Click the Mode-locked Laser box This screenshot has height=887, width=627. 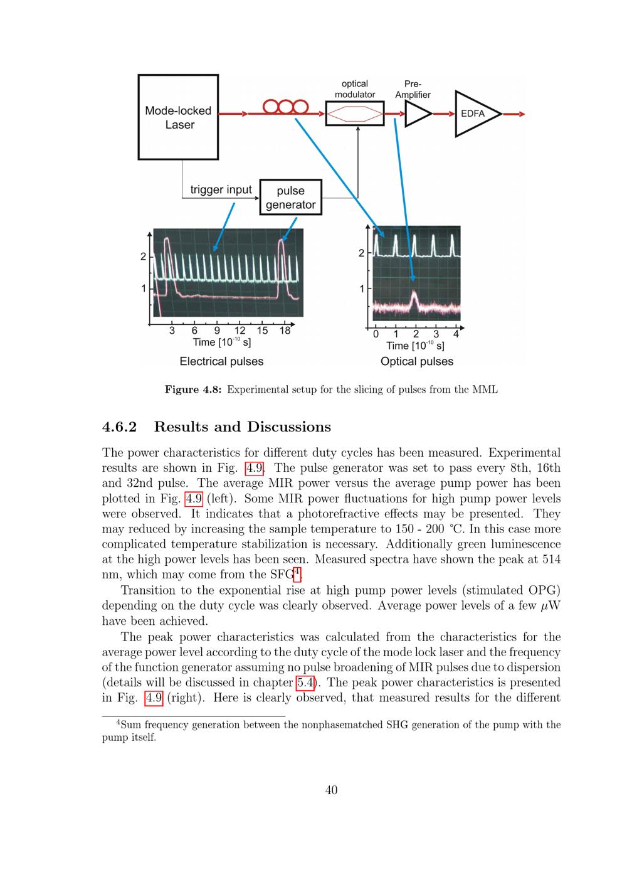(x=178, y=117)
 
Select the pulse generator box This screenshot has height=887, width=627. (x=290, y=197)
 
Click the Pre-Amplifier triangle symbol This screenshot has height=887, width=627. (x=418, y=114)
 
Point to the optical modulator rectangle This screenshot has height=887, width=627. (x=355, y=114)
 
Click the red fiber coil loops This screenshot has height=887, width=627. (x=285, y=107)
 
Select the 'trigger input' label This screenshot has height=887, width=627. (x=221, y=189)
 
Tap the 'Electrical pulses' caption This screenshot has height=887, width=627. (x=221, y=361)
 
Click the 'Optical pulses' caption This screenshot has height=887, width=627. (x=417, y=361)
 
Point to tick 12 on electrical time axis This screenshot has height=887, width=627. (x=240, y=331)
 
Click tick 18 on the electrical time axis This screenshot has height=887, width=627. (x=285, y=331)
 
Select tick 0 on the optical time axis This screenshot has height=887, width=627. (x=376, y=334)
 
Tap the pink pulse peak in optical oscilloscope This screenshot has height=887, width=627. (x=414, y=292)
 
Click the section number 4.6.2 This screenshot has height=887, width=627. (x=120, y=427)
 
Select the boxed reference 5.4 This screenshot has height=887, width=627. (x=305, y=683)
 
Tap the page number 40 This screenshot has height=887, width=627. (x=331, y=790)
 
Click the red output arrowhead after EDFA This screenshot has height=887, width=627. (x=522, y=114)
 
